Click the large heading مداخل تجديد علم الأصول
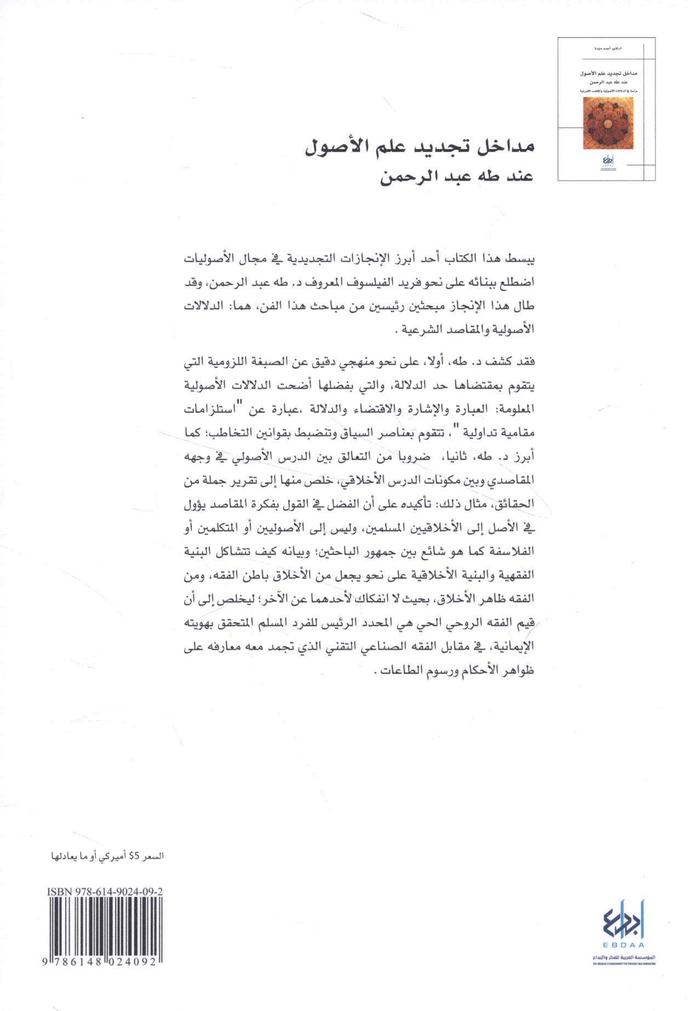tap(419, 146)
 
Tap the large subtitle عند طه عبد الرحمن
tap(457, 177)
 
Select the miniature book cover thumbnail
tap(606, 109)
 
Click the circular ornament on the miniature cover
tap(607, 123)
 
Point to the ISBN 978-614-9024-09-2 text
tap(105, 892)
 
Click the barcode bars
tap(105, 927)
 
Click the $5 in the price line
tap(135, 856)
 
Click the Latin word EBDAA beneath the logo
tap(624, 945)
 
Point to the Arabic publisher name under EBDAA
tap(624, 957)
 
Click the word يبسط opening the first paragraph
tap(521, 258)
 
